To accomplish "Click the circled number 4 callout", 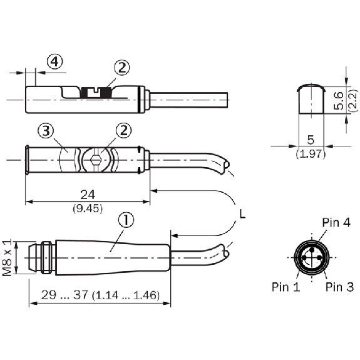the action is pyautogui.click(x=54, y=61).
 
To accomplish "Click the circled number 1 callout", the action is pyautogui.click(x=126, y=220).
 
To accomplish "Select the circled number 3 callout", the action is pyautogui.click(x=46, y=130).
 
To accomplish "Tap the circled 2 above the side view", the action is pyautogui.click(x=122, y=68).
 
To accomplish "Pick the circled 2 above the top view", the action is pyautogui.click(x=123, y=130).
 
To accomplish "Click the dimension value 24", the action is pyautogui.click(x=88, y=195).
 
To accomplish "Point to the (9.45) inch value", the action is pyautogui.click(x=88, y=208).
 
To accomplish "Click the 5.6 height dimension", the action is pyautogui.click(x=339, y=100).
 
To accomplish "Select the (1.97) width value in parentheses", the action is pyautogui.click(x=311, y=153).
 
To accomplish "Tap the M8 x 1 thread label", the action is pyautogui.click(x=7, y=257).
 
